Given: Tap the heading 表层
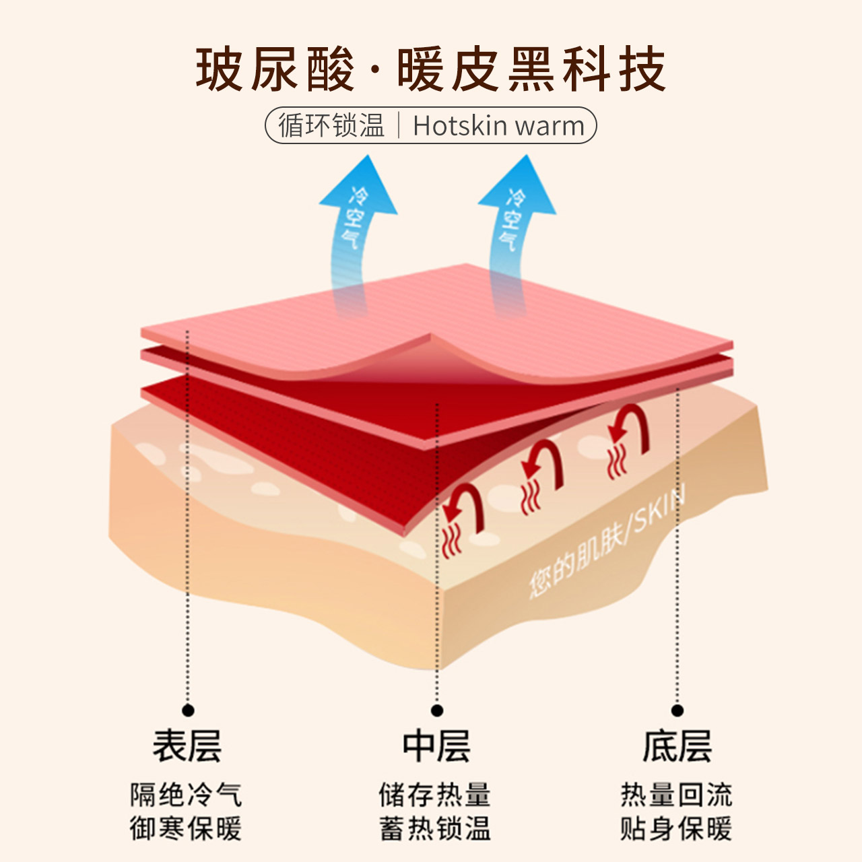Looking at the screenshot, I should (x=187, y=746).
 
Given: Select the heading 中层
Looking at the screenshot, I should (x=436, y=746).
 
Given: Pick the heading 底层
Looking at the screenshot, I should (x=677, y=746).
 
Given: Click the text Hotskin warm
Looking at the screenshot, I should (x=498, y=126).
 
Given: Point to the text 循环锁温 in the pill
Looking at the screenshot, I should (x=331, y=126).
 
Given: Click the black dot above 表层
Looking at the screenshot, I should (x=188, y=710).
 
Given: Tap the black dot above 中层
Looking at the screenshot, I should (x=436, y=710).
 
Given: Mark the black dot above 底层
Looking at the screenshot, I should (x=677, y=710).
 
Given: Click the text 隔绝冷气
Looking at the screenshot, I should (x=186, y=795).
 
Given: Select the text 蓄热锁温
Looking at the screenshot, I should (x=435, y=828).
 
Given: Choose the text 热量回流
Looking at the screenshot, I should (x=676, y=795).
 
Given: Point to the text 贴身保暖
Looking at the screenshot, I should (x=676, y=828).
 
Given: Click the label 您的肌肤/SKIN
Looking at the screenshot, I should (x=606, y=542).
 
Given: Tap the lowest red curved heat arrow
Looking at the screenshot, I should (x=465, y=512).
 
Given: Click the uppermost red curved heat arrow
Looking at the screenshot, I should (x=630, y=431).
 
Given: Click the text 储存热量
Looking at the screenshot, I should (x=435, y=795).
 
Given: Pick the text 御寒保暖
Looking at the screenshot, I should (x=186, y=828).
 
